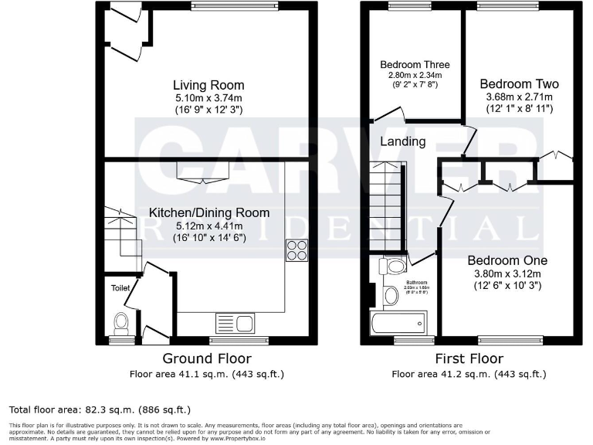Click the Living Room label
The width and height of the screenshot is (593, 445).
(208, 85)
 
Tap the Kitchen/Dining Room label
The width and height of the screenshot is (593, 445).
(209, 212)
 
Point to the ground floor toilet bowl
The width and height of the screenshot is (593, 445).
(120, 321)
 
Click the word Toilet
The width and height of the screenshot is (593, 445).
(120, 287)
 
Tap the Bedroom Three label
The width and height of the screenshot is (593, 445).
(415, 65)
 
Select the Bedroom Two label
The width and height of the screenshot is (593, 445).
(519, 83)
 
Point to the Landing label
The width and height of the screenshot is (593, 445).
(402, 141)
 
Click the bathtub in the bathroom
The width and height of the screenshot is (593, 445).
(398, 321)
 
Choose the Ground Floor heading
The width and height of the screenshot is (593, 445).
(206, 358)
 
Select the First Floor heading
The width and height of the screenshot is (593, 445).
(469, 358)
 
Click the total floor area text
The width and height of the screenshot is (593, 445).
(100, 409)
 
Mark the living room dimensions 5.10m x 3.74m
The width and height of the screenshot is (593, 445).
(208, 98)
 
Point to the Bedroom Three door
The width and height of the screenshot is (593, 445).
(390, 116)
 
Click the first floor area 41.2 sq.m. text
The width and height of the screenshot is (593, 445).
(469, 375)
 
